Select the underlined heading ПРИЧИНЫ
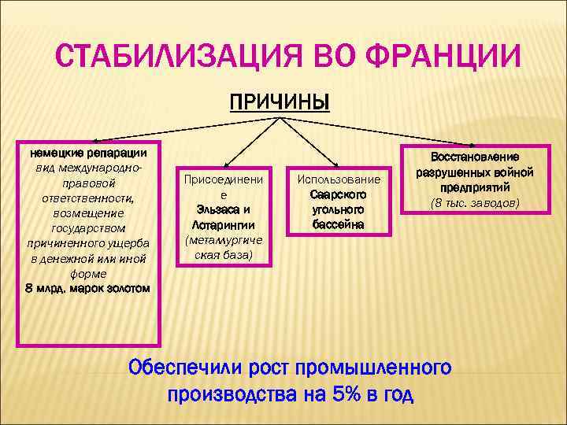279,102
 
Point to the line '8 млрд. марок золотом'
87,289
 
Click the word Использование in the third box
337,179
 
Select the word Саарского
337,194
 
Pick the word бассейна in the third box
337,224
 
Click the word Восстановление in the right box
474,157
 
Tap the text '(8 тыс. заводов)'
474,203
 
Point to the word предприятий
474,187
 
